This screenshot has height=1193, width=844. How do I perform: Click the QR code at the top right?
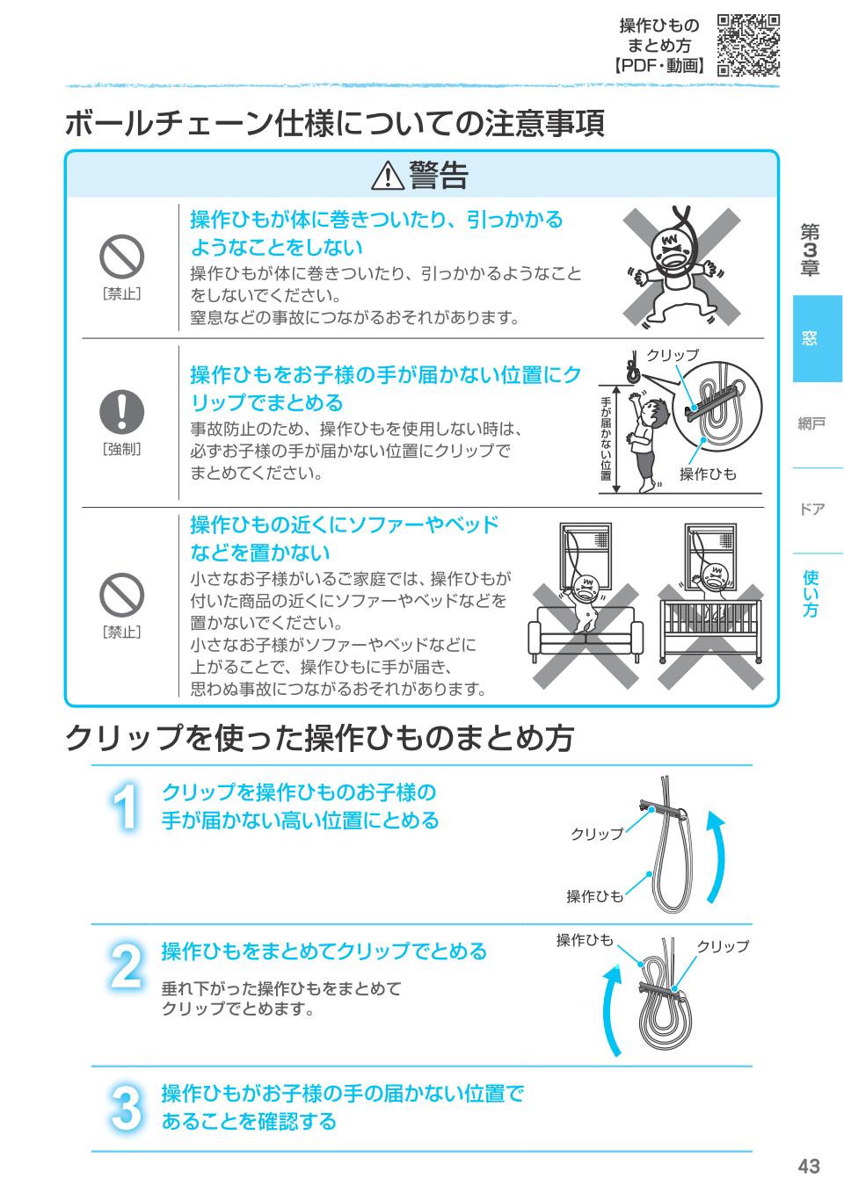pyautogui.click(x=748, y=46)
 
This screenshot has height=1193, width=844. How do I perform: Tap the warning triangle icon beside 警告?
pyautogui.click(x=387, y=177)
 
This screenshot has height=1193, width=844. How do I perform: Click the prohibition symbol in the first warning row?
pyautogui.click(x=120, y=257)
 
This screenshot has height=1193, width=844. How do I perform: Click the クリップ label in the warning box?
pyautogui.click(x=672, y=355)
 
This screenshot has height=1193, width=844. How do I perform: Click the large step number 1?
pyautogui.click(x=127, y=806)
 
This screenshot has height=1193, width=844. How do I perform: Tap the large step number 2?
pyautogui.click(x=127, y=965)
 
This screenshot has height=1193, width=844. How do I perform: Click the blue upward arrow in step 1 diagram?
pyautogui.click(x=719, y=861)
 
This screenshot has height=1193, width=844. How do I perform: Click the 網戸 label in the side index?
pyautogui.click(x=811, y=424)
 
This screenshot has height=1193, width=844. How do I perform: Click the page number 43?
pyautogui.click(x=808, y=1166)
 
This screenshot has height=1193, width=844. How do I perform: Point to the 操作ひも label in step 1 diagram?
pyautogui.click(x=594, y=896)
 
